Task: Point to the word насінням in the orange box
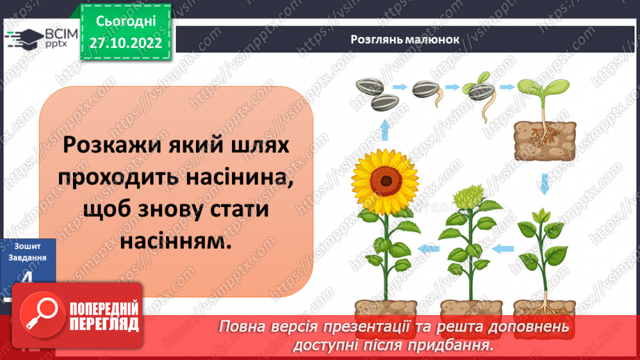pyautogui.click(x=174, y=241)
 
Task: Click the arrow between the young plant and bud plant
pyautogui.click(x=503, y=247)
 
